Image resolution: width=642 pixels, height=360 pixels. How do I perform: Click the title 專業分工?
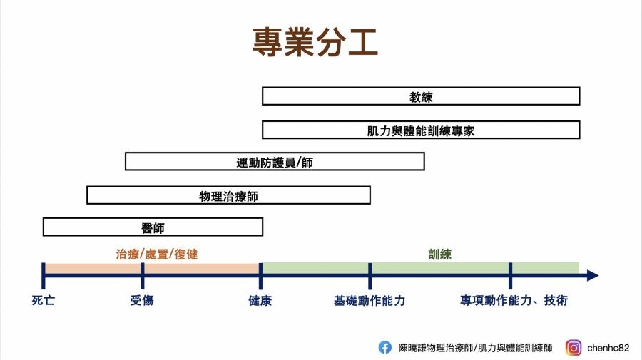point(315,42)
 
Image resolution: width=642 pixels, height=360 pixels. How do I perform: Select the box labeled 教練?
point(421,96)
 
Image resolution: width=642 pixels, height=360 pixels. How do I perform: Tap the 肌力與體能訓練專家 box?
point(421,130)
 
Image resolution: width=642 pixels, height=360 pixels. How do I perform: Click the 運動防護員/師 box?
point(275,162)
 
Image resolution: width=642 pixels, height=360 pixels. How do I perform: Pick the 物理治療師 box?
point(228,195)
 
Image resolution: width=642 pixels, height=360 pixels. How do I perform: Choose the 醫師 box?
point(153,227)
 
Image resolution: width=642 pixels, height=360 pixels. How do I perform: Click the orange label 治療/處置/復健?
point(157,254)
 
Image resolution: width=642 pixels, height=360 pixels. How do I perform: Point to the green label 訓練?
point(439,254)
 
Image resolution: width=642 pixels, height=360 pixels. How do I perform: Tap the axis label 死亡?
point(44,300)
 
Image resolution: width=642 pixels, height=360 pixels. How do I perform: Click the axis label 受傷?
point(142,300)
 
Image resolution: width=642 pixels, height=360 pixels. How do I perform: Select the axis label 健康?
point(260,301)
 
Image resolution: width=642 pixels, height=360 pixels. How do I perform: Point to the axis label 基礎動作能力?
point(370,301)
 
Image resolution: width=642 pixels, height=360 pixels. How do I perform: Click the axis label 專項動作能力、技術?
point(514,300)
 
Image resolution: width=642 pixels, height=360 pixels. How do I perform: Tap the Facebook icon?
point(385,347)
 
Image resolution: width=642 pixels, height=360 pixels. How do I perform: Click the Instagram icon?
point(574,348)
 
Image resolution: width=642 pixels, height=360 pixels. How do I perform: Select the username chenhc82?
point(608,348)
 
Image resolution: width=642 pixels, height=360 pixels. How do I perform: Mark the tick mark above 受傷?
point(142,276)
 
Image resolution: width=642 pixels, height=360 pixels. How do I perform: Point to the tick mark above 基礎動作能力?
point(370,276)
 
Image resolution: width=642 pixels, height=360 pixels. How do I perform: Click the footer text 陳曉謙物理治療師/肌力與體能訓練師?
point(475,348)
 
